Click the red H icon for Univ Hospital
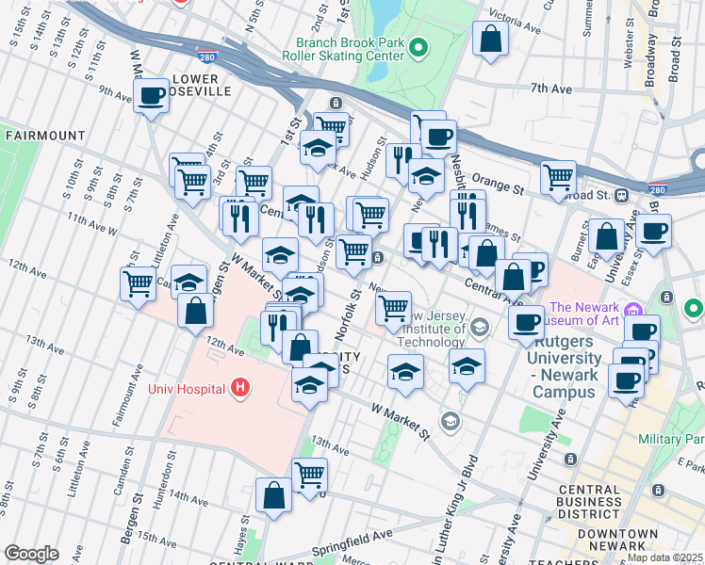point(240,388)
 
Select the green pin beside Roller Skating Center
point(420,48)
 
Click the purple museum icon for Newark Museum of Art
point(635,310)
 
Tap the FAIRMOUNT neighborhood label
point(44,136)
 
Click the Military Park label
point(670,440)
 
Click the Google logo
point(31,554)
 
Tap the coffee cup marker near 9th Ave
point(151,95)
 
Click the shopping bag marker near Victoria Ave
point(490,40)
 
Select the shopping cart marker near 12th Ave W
point(139,282)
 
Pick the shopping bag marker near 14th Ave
point(273,495)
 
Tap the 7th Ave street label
point(551,89)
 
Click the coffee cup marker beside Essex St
point(654,231)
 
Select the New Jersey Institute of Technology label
point(432,328)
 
